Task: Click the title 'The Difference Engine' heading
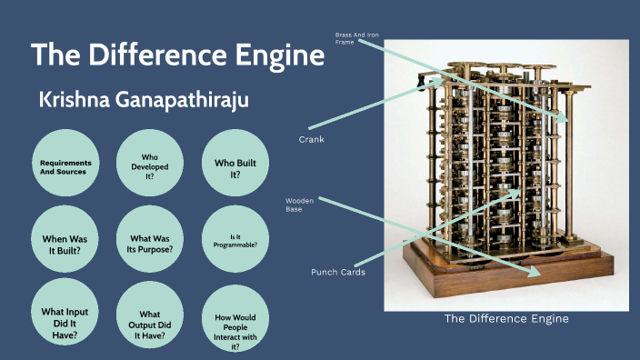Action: [x=178, y=55]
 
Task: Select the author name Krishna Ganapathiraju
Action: [x=144, y=100]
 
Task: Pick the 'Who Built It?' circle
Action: [x=234, y=164]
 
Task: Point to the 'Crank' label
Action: [x=312, y=139]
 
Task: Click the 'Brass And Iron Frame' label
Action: [x=356, y=38]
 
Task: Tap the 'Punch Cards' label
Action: [x=337, y=271]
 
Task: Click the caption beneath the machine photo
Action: [x=505, y=318]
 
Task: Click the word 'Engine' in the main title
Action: [x=275, y=55]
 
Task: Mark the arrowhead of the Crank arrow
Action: [x=445, y=81]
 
